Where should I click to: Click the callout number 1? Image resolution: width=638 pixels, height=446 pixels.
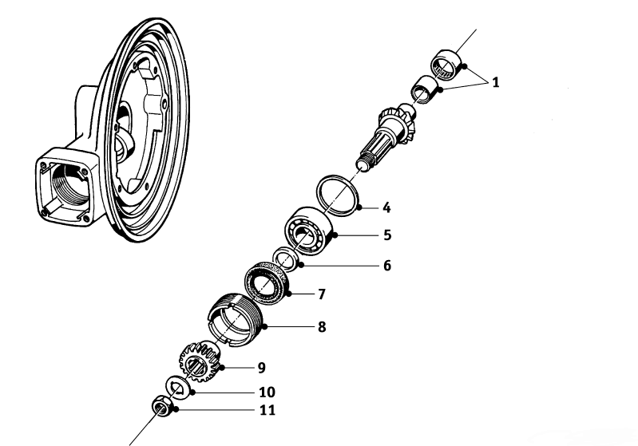tap(496, 81)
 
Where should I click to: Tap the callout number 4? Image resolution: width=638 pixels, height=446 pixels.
tap(386, 208)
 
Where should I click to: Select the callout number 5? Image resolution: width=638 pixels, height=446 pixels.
tap(386, 236)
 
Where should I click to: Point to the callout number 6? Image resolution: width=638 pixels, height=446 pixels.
tap(386, 265)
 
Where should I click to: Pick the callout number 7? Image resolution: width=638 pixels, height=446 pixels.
tap(321, 294)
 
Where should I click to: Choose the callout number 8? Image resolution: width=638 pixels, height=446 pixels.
tap(321, 326)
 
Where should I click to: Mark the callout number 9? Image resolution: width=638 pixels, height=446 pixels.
tap(261, 368)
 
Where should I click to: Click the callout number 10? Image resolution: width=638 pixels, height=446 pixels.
tap(266, 393)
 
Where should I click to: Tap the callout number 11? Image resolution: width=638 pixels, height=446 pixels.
tap(267, 411)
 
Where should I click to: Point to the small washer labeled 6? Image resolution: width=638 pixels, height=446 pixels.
tap(285, 259)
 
